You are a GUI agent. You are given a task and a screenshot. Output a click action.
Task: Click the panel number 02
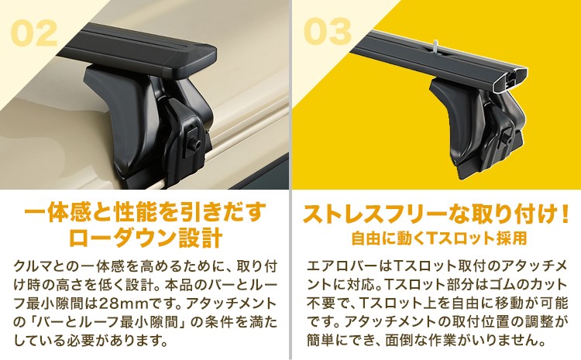click(x=34, y=33)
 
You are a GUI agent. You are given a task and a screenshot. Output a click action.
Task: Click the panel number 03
click(x=327, y=32)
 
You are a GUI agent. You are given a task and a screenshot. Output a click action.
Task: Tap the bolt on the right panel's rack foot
click(x=507, y=139)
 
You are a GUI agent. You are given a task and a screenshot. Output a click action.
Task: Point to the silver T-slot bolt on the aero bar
click(x=434, y=46)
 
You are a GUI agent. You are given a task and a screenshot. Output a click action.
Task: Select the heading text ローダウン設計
click(x=146, y=238)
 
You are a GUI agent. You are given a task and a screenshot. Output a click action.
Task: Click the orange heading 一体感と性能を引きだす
click(x=146, y=212)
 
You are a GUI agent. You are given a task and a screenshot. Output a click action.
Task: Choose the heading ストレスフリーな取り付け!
click(x=435, y=214)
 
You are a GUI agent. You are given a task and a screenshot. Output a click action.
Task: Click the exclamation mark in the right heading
click(x=565, y=214)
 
